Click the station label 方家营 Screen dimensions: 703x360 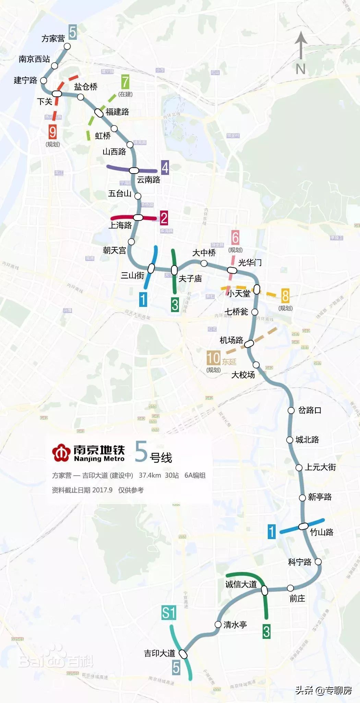(x=53, y=39)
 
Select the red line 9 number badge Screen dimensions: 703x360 (x=52, y=132)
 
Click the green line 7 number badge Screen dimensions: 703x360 (x=125, y=82)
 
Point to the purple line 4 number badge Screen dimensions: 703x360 (x=165, y=168)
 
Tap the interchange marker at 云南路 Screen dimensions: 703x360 (x=134, y=170)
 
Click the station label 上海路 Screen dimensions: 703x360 (x=120, y=225)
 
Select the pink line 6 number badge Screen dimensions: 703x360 (x=235, y=237)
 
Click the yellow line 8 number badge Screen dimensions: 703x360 (x=285, y=296)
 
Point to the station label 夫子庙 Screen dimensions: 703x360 (x=190, y=278)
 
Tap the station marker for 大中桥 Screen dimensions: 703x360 (x=204, y=263)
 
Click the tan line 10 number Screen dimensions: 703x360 (x=213, y=358)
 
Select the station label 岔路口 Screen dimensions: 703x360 (x=310, y=410)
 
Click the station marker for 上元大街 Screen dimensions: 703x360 (x=299, y=468)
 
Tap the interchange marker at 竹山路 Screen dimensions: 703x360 (x=303, y=526)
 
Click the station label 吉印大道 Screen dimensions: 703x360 (x=159, y=653)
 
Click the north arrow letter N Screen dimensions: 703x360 (x=301, y=69)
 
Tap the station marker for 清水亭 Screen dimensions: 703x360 (x=218, y=624)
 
